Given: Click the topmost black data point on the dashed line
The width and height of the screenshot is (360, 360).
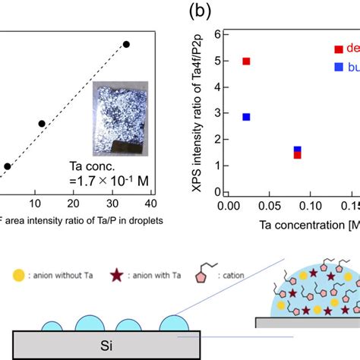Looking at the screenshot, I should click(x=126, y=45).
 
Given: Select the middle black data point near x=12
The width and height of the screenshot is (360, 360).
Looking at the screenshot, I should click(x=42, y=123).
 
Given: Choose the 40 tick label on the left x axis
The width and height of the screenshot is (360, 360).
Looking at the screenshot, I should click(x=150, y=203).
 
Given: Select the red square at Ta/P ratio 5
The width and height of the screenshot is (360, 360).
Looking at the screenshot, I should click(x=246, y=61).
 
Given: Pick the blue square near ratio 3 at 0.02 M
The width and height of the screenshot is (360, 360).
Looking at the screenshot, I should click(x=246, y=117).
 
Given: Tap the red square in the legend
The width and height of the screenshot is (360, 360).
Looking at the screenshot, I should click(x=338, y=49).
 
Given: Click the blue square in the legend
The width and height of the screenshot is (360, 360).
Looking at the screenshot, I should click(x=338, y=68).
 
